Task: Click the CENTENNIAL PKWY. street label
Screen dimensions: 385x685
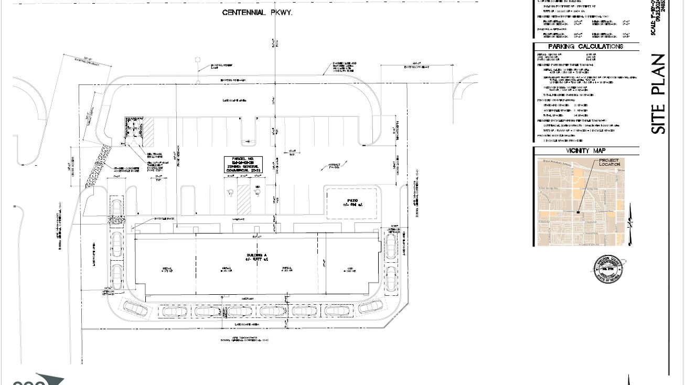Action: pyautogui.click(x=257, y=12)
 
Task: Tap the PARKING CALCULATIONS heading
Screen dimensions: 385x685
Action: pyautogui.click(x=585, y=47)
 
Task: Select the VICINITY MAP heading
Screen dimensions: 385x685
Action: pyautogui.click(x=585, y=151)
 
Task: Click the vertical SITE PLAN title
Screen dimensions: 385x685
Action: pyautogui.click(x=659, y=94)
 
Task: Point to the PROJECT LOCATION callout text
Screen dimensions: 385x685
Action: pyautogui.click(x=609, y=163)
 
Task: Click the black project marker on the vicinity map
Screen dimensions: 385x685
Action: pyautogui.click(x=578, y=212)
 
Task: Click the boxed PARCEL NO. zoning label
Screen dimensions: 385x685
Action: pyautogui.click(x=243, y=164)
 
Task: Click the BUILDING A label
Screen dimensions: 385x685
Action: pyautogui.click(x=257, y=257)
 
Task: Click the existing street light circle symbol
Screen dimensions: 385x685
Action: pyautogui.click(x=198, y=60)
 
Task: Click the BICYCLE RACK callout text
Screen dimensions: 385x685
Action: pyautogui.click(x=164, y=219)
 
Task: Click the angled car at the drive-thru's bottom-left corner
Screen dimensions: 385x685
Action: pyautogui.click(x=135, y=308)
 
